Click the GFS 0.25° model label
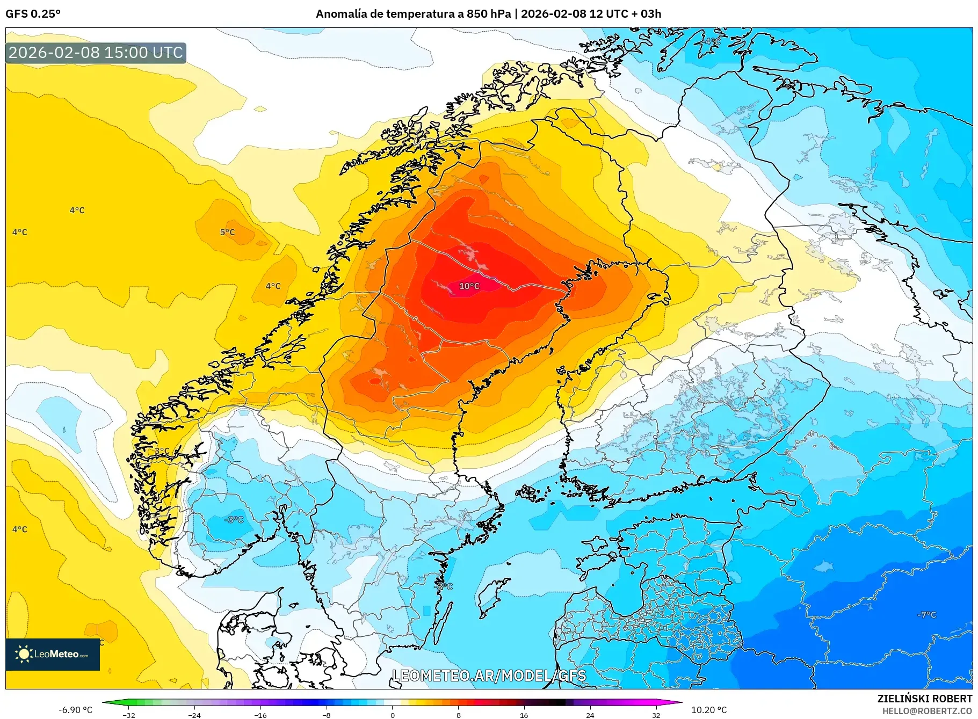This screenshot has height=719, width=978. (33, 14)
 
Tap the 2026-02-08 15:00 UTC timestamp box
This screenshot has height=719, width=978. (96, 53)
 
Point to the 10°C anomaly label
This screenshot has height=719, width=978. (469, 286)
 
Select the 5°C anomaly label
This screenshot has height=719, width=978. (227, 232)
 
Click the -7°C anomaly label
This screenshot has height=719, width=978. (926, 614)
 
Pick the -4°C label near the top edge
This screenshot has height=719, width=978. (712, 41)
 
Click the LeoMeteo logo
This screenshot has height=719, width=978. (53, 654)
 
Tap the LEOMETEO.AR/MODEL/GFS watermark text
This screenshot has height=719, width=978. (489, 676)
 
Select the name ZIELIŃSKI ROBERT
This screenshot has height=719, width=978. (924, 699)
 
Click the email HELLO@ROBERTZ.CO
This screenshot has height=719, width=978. (926, 711)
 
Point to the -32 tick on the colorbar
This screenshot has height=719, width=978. (129, 715)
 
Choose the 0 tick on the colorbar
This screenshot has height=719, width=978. (393, 715)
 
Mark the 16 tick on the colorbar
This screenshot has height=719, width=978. (524, 715)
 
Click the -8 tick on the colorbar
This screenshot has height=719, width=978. (327, 715)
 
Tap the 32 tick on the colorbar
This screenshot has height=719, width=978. (656, 715)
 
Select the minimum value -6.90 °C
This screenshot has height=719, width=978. (75, 710)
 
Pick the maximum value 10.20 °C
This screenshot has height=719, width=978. (708, 710)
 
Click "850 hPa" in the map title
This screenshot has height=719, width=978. (489, 14)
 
